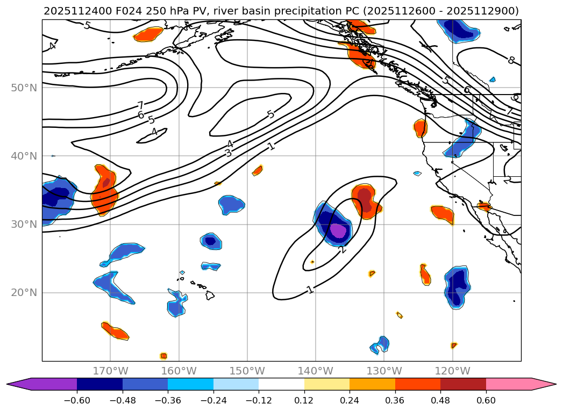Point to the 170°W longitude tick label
pyautogui.click(x=110, y=371)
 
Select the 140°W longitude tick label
pyautogui.click(x=316, y=371)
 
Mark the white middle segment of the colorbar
pyautogui.click(x=281, y=384)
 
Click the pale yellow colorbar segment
pyautogui.click(x=327, y=384)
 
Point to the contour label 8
pyautogui.click(x=511, y=60)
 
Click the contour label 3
pyautogui.click(x=228, y=153)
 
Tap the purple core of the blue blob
pyautogui.click(x=338, y=230)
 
